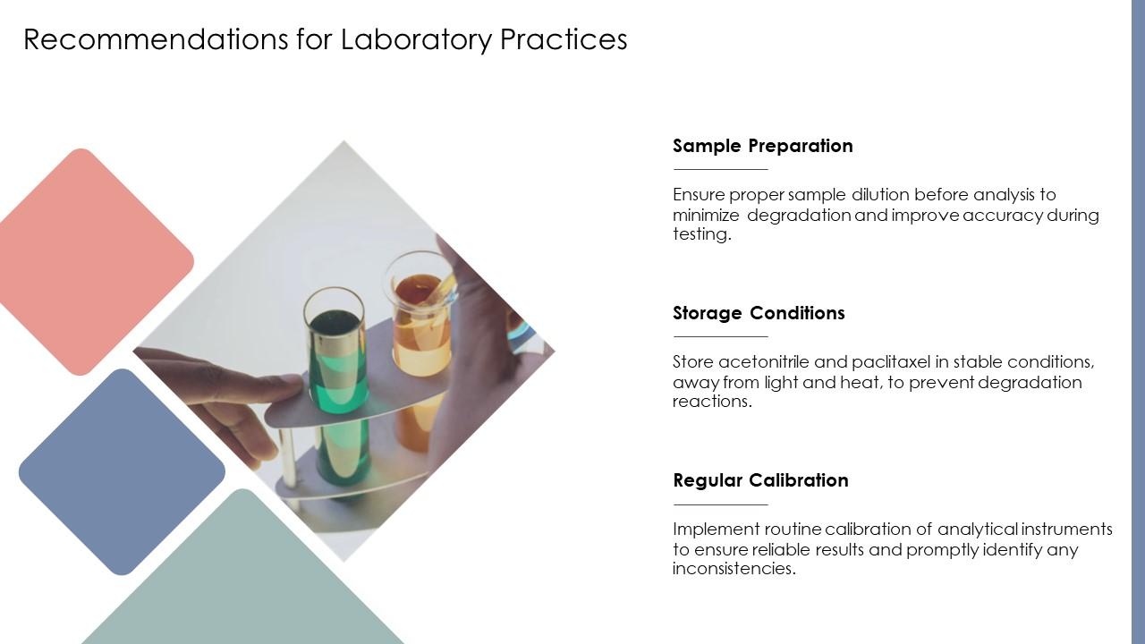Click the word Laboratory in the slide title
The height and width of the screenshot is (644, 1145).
(x=415, y=39)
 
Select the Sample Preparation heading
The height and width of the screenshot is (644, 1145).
(x=762, y=146)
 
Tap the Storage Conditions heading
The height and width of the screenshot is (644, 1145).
(x=759, y=313)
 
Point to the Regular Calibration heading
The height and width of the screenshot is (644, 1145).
(x=760, y=480)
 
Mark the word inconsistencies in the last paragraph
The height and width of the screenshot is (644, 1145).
(x=734, y=569)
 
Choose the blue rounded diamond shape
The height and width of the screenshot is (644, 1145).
(x=122, y=471)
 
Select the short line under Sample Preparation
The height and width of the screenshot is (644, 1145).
(x=720, y=169)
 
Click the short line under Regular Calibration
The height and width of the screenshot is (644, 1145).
(x=720, y=504)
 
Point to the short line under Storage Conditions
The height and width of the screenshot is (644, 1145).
(x=720, y=336)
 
